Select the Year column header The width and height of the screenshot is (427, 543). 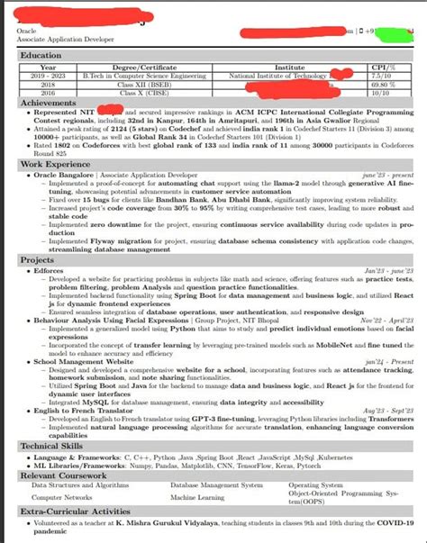point(49,67)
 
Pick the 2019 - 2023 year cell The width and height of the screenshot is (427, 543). point(49,76)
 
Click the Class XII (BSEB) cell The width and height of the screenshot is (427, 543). point(137,84)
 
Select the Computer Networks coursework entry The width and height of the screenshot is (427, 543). point(62,496)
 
